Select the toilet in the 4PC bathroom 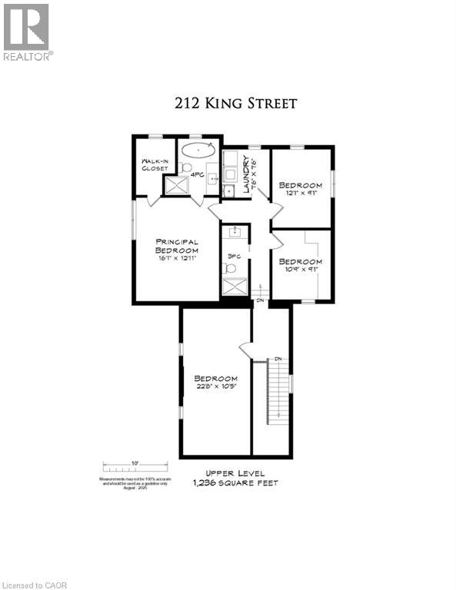tap(187, 168)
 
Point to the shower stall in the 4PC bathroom tap(177, 184)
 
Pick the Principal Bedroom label tap(177, 246)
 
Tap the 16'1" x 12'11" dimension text tap(177, 259)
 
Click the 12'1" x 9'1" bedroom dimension tap(300, 194)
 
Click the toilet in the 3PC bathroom tap(228, 268)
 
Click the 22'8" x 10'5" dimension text tap(215, 387)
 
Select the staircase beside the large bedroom tap(271, 399)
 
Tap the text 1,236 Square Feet tap(235, 483)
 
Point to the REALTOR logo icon tap(26, 26)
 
